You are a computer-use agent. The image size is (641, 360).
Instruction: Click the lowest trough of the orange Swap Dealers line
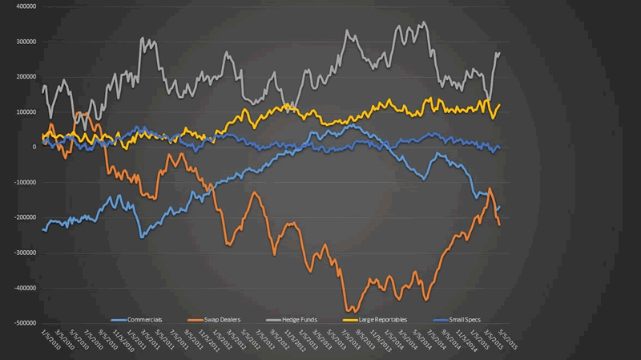point(349,310)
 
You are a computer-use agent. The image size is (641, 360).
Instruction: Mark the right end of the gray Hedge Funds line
point(500,53)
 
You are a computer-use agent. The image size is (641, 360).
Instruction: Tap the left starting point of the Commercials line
point(42,230)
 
